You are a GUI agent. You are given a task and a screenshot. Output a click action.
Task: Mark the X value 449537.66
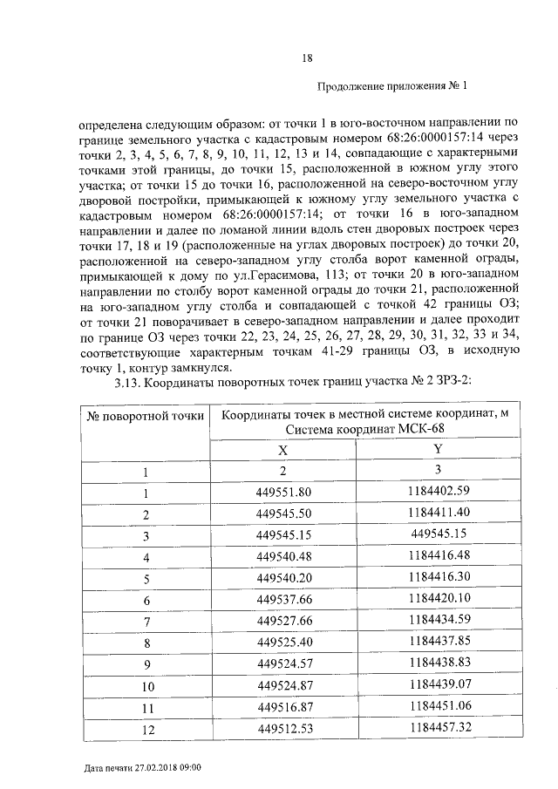(283, 600)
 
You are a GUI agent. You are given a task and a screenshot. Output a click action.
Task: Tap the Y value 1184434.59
(438, 621)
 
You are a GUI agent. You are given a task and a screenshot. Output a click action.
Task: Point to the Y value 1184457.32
(438, 727)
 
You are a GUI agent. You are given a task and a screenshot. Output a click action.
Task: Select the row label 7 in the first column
(146, 622)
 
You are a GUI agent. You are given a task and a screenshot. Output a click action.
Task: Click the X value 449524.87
(283, 685)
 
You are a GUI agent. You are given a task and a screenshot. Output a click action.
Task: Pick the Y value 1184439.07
(438, 685)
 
